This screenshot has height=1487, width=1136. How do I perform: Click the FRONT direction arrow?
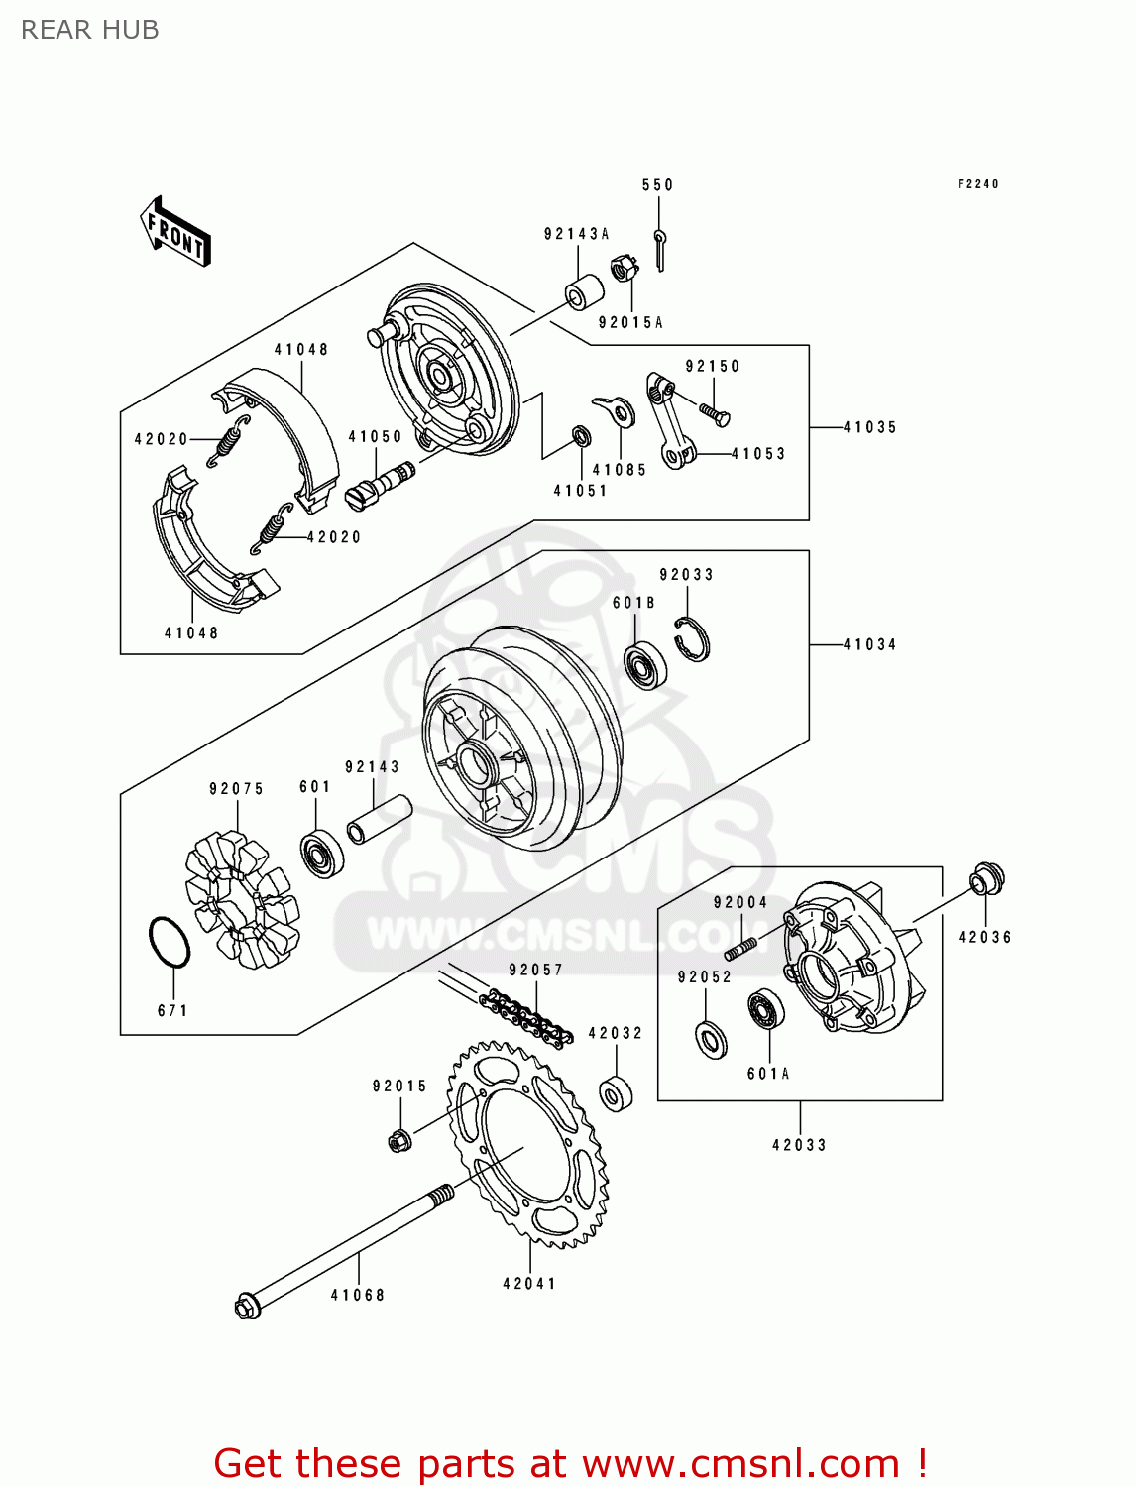coord(176,232)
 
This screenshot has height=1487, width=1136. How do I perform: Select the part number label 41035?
coord(869,427)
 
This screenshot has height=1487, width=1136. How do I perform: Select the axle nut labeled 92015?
coord(399,1140)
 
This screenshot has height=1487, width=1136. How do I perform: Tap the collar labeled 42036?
coord(986,879)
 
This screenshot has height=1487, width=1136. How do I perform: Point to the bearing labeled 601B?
coord(645,664)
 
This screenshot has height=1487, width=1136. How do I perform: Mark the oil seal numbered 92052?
coord(710,1038)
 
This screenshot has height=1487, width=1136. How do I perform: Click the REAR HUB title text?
coord(90,30)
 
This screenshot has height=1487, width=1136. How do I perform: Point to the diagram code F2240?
coord(977,184)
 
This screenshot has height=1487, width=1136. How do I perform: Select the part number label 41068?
coord(357,1295)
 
